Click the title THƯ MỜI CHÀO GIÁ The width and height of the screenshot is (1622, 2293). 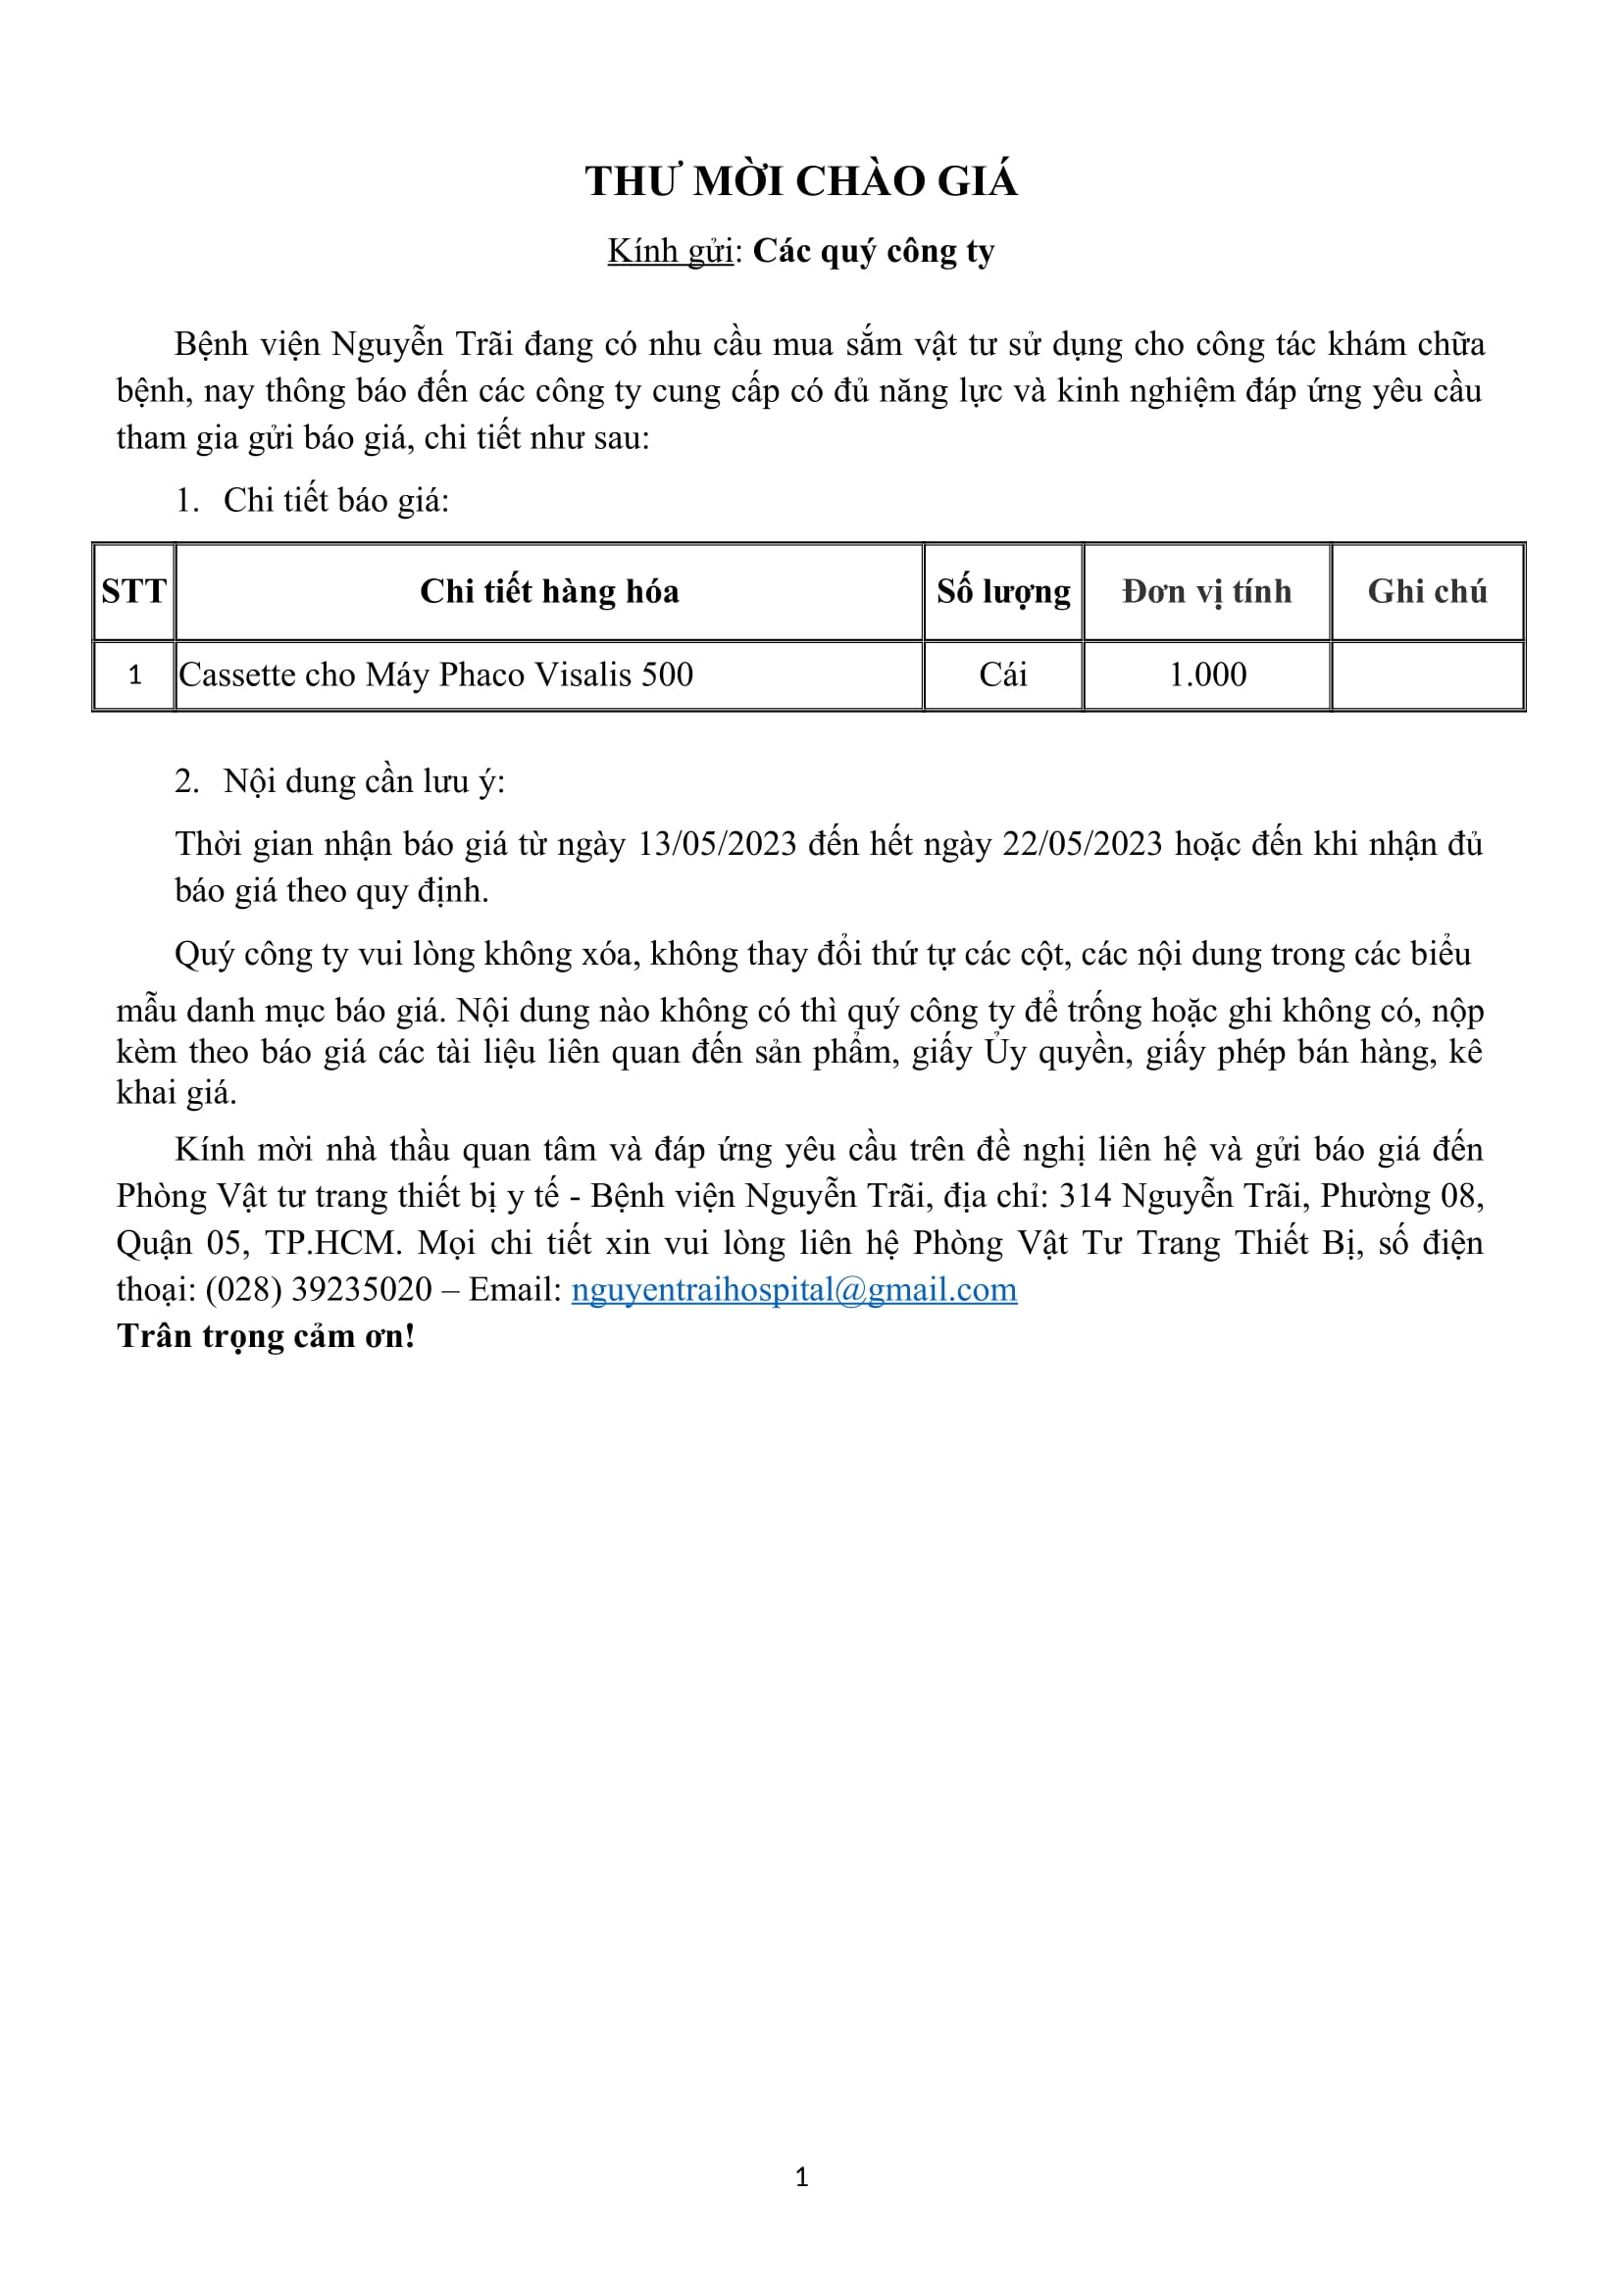coord(801,181)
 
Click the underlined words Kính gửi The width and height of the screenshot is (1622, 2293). coord(670,252)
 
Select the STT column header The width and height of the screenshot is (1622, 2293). coord(133,591)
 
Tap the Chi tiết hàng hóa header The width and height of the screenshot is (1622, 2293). coord(549,591)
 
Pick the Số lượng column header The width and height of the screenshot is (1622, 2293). coord(1003,591)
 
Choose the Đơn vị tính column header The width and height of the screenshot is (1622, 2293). coord(1206,591)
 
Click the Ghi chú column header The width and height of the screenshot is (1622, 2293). coord(1427,591)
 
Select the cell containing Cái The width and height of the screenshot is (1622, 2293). coord(1003,675)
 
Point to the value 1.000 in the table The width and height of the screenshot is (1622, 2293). coord(1207,675)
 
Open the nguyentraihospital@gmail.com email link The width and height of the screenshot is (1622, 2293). coord(794,1290)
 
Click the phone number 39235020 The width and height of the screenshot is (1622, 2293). coord(362,1290)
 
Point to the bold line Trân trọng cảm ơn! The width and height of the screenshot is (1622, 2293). coord(266,1336)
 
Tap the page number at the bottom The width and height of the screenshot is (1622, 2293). coord(802,2177)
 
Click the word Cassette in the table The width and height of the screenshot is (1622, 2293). coord(236,675)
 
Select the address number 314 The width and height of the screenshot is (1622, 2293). coord(1085,1196)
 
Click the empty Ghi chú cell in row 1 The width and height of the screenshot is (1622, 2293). coord(1427,675)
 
